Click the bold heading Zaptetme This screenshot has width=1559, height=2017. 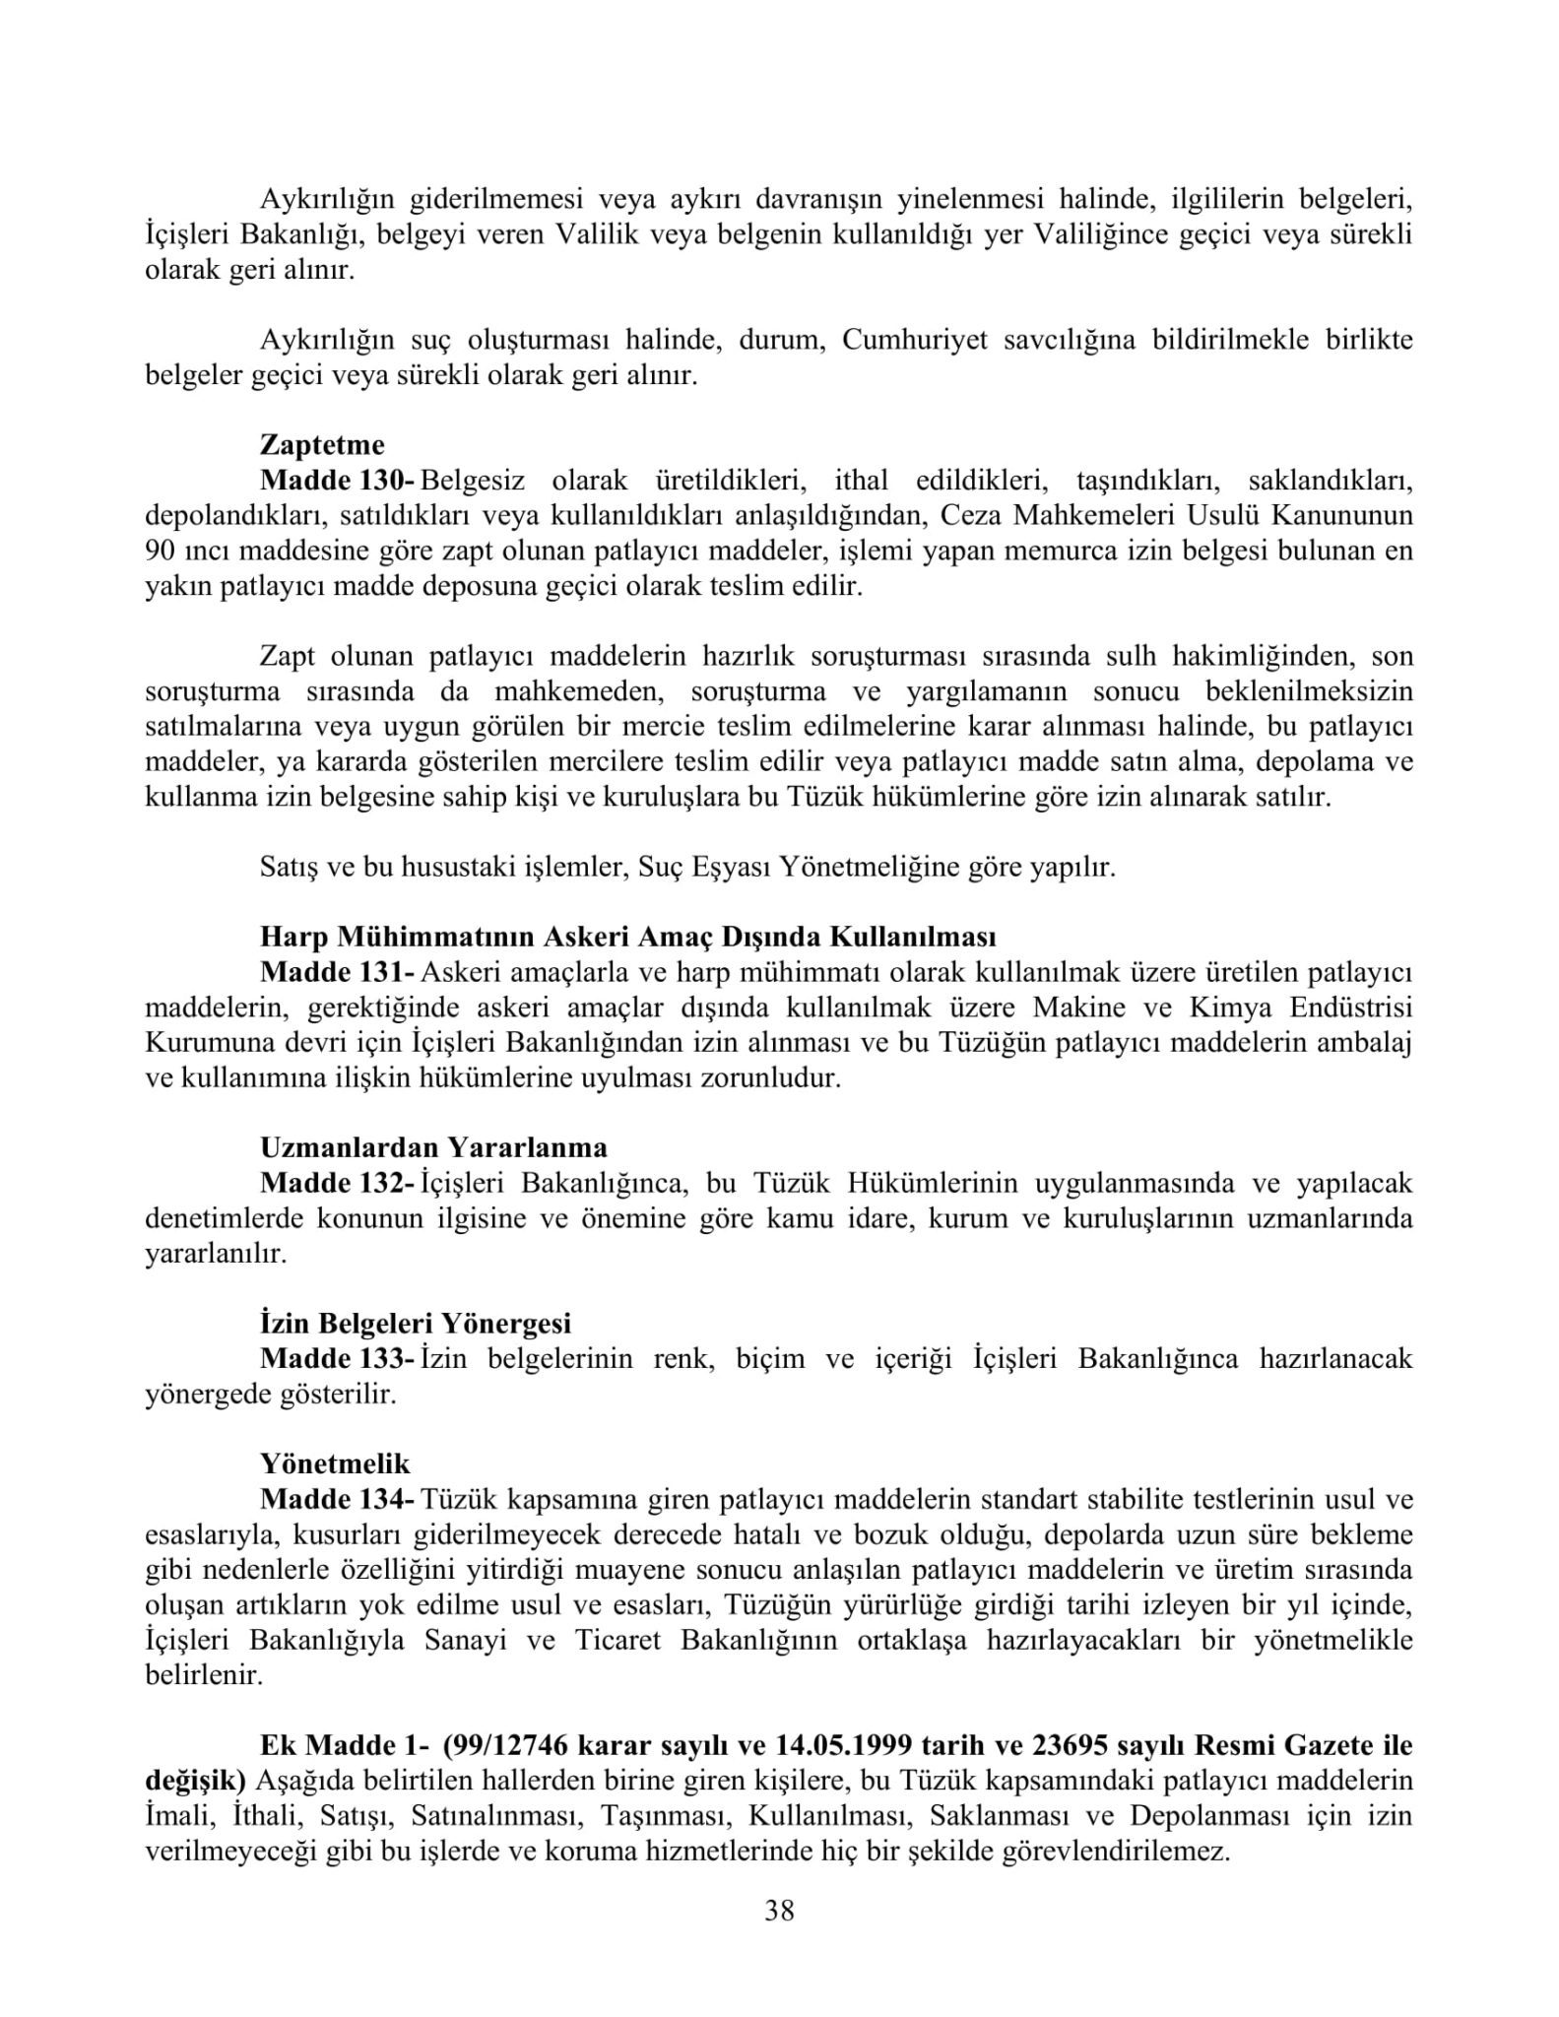click(x=322, y=445)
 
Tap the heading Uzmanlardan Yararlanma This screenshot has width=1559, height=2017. click(x=433, y=1147)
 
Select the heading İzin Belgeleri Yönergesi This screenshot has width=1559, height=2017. click(x=416, y=1324)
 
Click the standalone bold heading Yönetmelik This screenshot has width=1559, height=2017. click(x=335, y=1464)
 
